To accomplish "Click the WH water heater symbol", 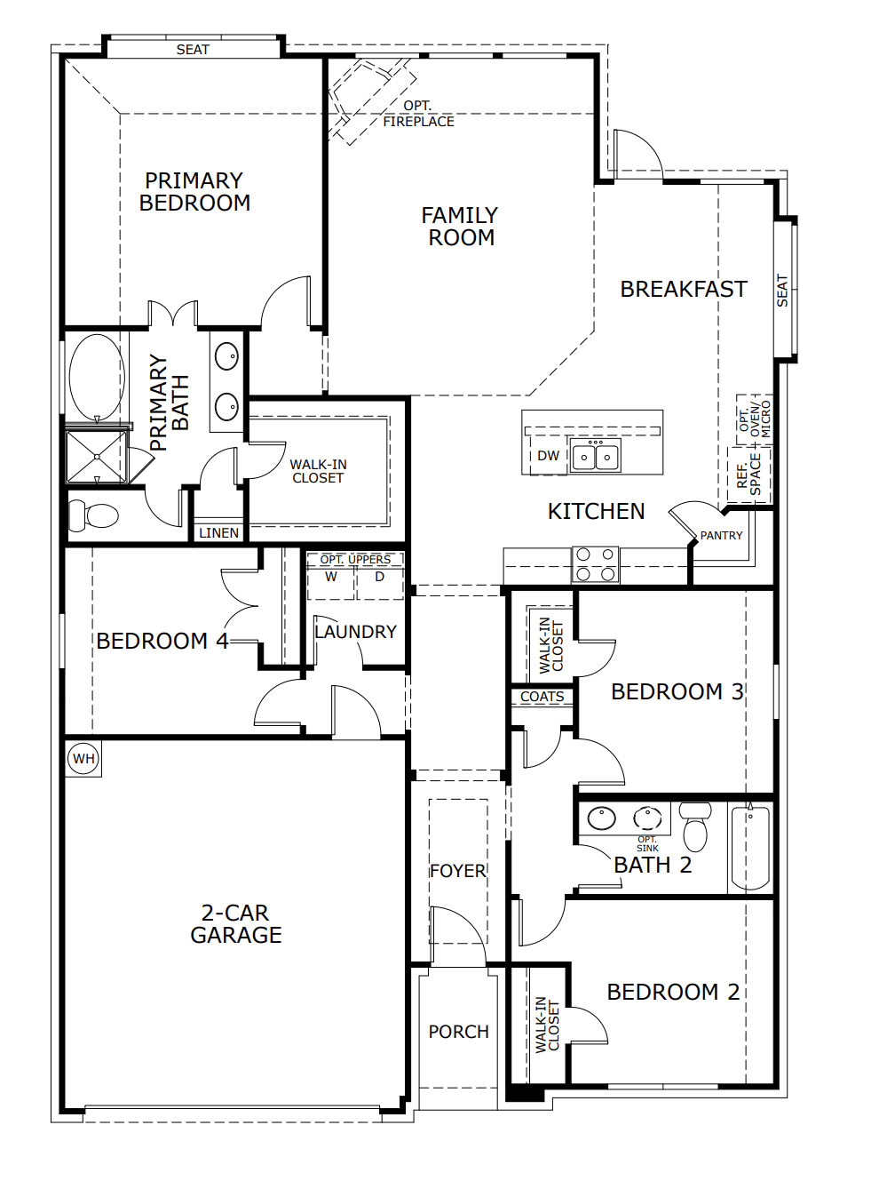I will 83,758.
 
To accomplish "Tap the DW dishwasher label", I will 549,456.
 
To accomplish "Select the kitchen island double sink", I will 596,457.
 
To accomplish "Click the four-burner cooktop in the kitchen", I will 595,564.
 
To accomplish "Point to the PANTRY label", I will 721,536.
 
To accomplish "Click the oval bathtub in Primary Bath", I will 97,378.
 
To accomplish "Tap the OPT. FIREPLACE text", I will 418,114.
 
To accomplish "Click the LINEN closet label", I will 218,533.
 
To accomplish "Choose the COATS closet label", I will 542,697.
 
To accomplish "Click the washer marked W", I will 331,578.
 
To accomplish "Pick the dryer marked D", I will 379,578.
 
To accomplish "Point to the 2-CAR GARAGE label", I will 236,924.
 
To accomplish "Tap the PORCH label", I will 458,1032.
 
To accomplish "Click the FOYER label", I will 458,871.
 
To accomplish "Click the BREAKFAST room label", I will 683,290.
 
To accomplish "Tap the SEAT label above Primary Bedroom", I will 193,50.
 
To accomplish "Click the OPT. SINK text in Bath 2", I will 647,843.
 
